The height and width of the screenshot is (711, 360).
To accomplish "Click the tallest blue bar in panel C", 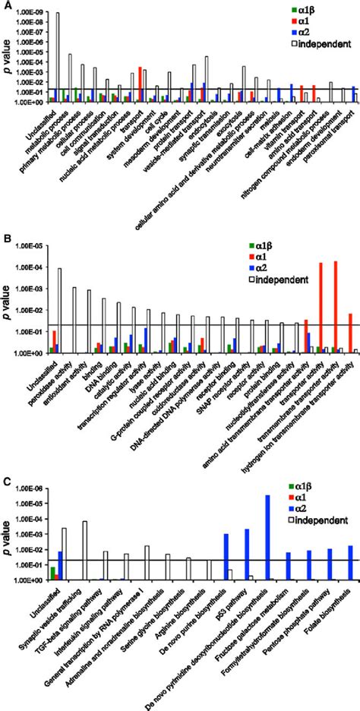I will (267, 538).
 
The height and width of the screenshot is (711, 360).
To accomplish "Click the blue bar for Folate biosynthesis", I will (350, 563).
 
